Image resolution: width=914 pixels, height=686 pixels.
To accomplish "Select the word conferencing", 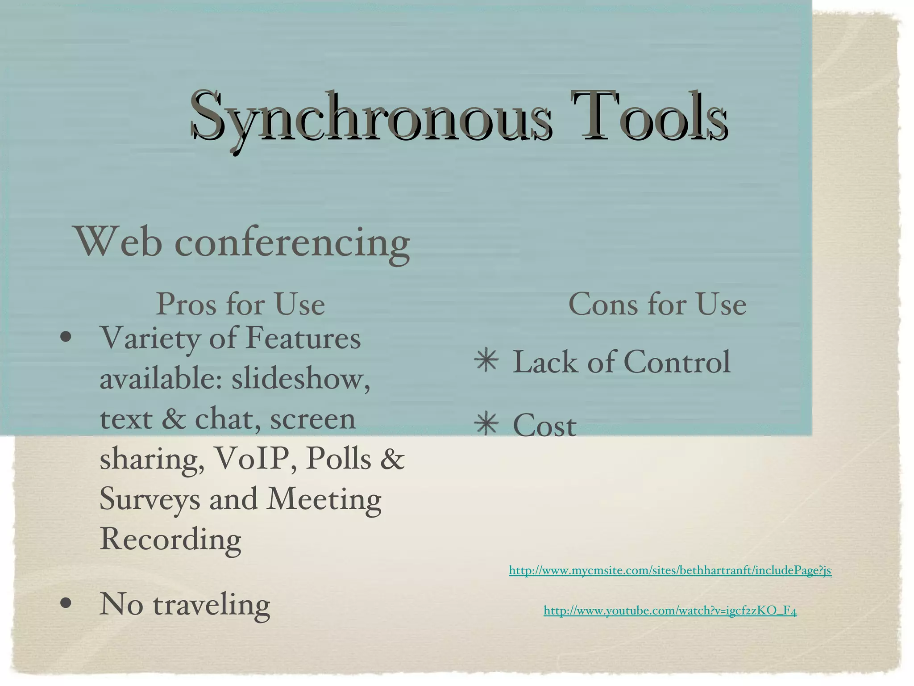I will coord(292,244).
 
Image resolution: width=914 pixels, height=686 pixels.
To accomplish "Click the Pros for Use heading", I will coord(240,304).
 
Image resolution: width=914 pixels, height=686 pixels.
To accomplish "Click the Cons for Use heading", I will coord(657,304).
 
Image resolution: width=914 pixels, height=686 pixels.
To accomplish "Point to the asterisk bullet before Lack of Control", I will coord(486,361).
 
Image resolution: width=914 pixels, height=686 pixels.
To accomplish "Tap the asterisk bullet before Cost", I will coord(486,424).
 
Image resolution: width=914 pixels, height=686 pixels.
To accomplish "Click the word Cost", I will coord(544,425).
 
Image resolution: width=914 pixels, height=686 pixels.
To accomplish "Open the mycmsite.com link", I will coord(670,570).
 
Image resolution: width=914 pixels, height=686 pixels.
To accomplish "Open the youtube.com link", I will coord(670,611).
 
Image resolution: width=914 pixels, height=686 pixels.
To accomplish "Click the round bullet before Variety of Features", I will coord(66,338).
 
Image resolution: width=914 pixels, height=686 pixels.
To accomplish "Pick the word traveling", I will coord(212,606).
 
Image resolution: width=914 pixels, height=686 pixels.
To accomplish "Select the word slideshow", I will coord(300,379).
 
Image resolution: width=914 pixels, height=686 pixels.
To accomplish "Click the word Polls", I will coord(338,459).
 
